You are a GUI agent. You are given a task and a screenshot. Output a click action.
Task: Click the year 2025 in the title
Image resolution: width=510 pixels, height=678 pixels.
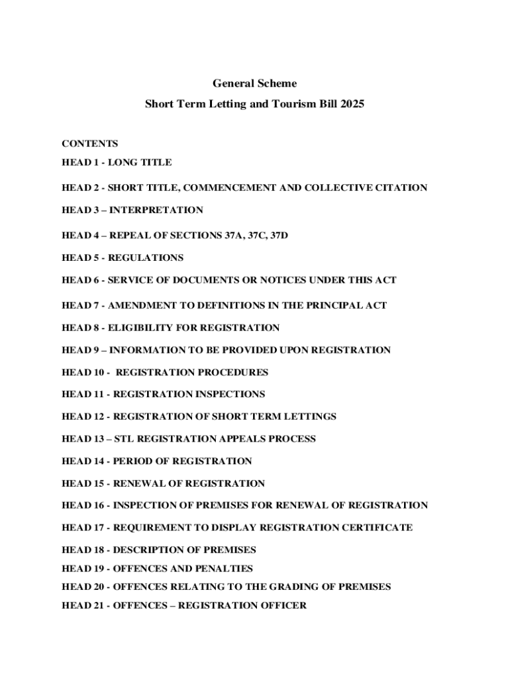coord(352,104)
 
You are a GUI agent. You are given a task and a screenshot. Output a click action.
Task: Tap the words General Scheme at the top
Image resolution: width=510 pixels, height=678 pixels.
coord(254,83)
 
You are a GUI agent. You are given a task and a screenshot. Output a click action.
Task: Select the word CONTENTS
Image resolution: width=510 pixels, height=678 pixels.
coord(90,144)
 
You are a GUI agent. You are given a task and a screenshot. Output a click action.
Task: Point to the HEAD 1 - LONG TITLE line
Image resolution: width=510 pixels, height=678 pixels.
coord(117,162)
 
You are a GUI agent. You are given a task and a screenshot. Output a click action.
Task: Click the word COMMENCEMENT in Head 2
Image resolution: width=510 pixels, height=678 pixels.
coord(229,187)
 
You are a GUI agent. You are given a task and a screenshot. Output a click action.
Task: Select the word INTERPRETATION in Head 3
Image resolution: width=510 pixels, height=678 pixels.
coord(156,210)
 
